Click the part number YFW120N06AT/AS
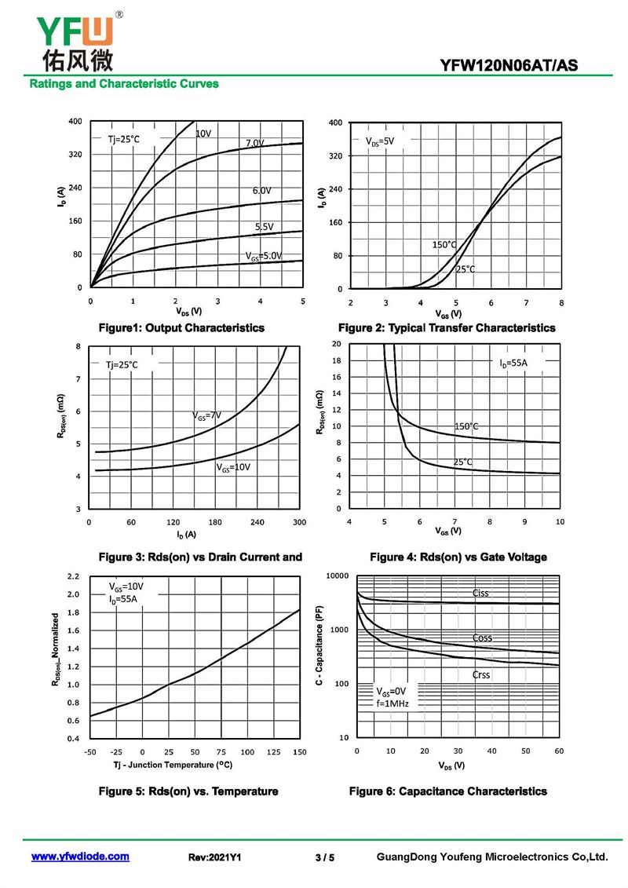point(509,65)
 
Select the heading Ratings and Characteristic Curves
point(124,84)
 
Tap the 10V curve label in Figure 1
point(203,133)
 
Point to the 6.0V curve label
point(261,191)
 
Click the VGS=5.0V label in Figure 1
point(264,256)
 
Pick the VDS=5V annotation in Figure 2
point(380,141)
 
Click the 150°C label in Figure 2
point(444,245)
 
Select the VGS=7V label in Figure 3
point(206,416)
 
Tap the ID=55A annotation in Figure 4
point(513,363)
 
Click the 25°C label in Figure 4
point(462,462)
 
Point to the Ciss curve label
point(480,593)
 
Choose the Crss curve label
point(480,674)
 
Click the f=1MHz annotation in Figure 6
point(392,703)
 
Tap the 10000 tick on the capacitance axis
point(338,576)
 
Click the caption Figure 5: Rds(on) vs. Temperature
point(188,791)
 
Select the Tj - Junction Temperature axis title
point(173,765)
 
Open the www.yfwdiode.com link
point(80,857)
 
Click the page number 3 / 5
point(324,857)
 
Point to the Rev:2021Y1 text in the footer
point(214,857)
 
